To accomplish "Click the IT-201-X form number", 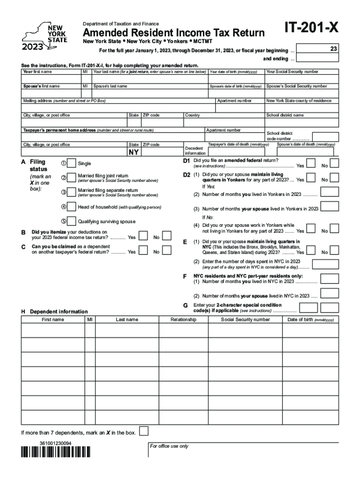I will (x=311, y=29).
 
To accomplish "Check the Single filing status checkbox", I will (x=72, y=163).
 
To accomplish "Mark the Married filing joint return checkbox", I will (x=72, y=178).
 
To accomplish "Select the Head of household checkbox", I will (x=72, y=207).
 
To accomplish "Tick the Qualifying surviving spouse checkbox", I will (x=72, y=221).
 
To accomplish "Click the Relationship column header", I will (x=183, y=319).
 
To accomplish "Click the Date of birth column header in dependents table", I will (x=310, y=319).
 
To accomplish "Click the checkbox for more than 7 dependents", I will (x=145, y=431).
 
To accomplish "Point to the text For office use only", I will (x=169, y=446).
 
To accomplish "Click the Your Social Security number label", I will (x=292, y=72).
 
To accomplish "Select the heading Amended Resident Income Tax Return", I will (x=174, y=33).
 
